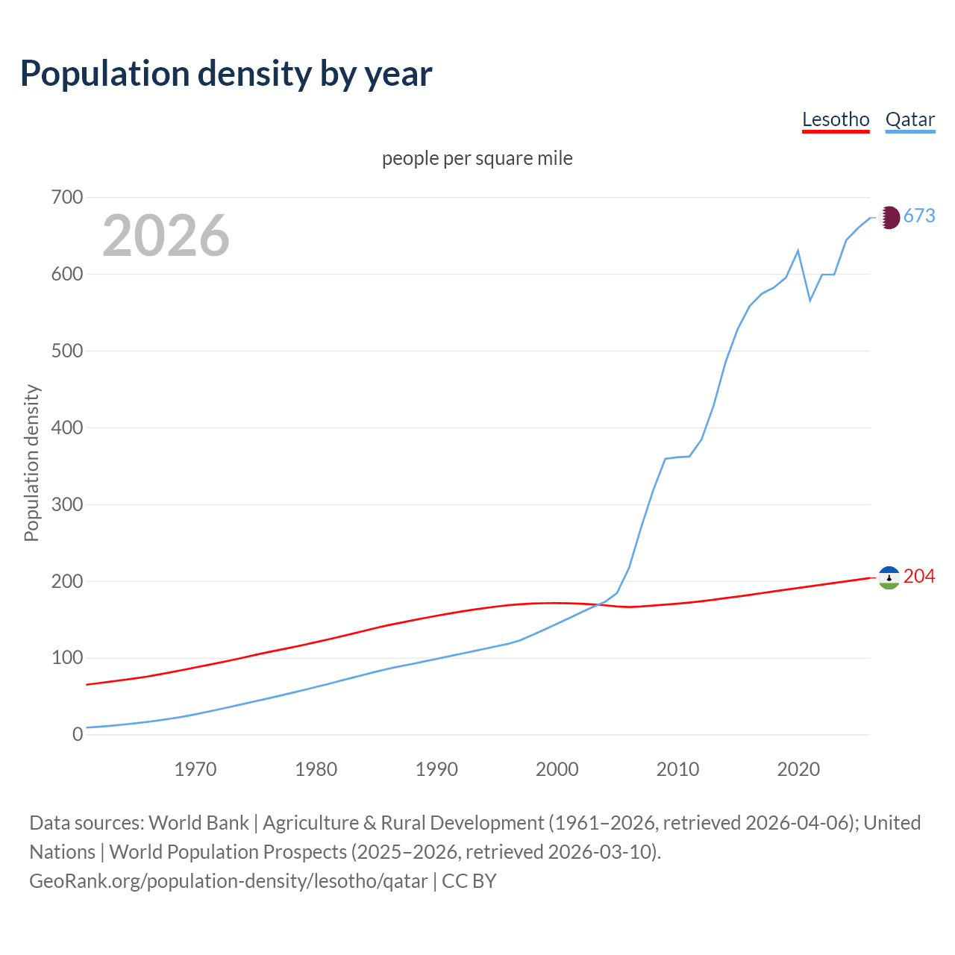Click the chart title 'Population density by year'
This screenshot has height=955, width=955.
point(226,74)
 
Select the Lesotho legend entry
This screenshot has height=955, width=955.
point(836,119)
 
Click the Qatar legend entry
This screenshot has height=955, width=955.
point(909,119)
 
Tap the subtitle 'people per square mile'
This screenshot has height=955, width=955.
point(477,158)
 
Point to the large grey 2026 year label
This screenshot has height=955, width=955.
point(166,236)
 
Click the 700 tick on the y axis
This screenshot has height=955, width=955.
point(66,198)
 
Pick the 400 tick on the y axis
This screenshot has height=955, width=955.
point(66,428)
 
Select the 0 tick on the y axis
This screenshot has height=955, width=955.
point(78,735)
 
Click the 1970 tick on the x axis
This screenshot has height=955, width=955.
point(195,769)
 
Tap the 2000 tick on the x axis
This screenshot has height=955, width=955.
point(557,769)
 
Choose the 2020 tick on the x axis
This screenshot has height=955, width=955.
point(798,769)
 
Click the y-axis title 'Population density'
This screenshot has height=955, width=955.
point(31,463)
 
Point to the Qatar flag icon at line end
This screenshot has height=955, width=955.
point(889,217)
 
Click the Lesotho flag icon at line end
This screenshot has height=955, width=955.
point(889,577)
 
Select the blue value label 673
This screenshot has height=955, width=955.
point(919,216)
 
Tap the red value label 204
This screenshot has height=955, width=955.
point(919,577)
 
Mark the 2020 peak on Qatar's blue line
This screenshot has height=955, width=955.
point(798,251)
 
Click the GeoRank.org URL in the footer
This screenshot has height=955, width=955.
point(228,881)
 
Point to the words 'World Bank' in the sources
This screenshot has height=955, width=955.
point(198,823)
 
